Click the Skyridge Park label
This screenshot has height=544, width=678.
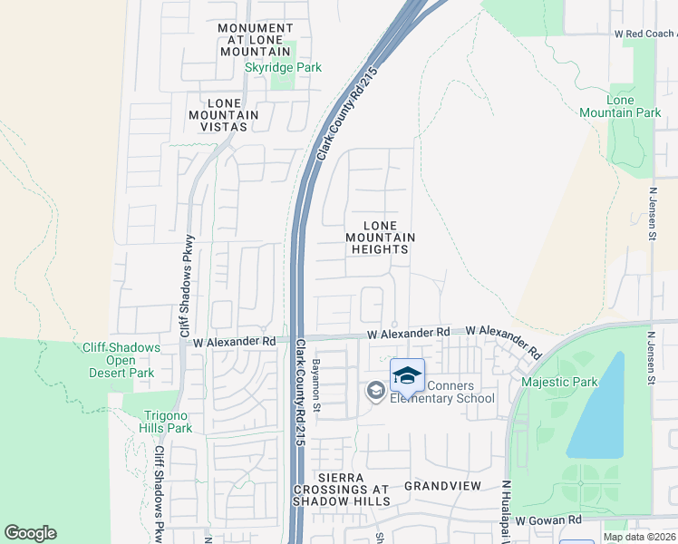point(283,67)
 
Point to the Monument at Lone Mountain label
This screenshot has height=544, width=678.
point(256,41)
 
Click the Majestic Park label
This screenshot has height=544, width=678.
point(559,382)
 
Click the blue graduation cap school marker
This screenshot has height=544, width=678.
point(408,375)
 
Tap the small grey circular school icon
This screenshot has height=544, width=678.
point(375,391)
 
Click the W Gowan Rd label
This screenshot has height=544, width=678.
point(547,520)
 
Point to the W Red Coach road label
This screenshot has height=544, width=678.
point(645,34)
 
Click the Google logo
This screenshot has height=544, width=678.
point(30,533)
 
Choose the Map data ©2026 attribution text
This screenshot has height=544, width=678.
point(639,537)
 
